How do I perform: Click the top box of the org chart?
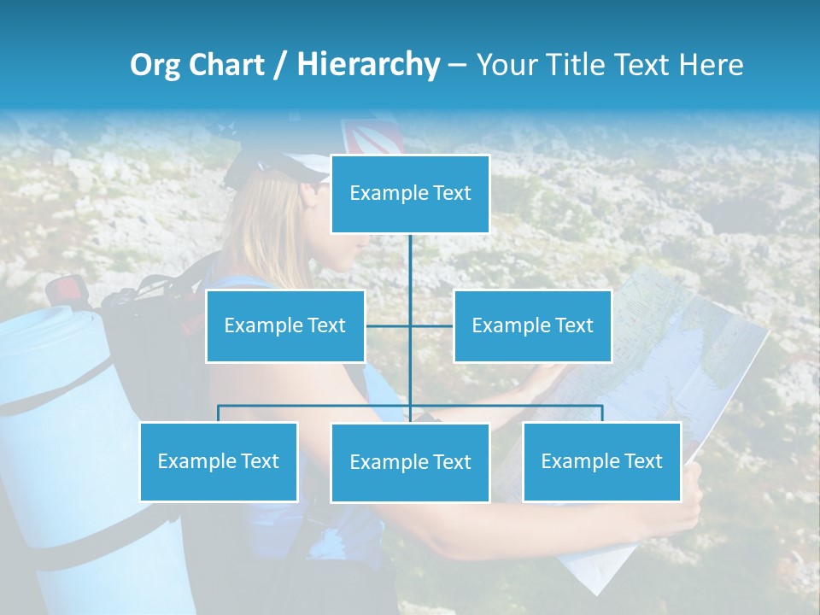pyautogui.click(x=410, y=194)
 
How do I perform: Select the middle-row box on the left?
pyautogui.click(x=285, y=325)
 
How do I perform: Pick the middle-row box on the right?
pyautogui.click(x=532, y=325)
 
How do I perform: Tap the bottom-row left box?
pyautogui.click(x=219, y=461)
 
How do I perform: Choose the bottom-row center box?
pyautogui.click(x=410, y=462)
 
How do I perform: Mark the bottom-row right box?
pyautogui.click(x=601, y=461)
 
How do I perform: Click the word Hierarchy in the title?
pyautogui.click(x=368, y=64)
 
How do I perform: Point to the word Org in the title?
pyautogui.click(x=155, y=65)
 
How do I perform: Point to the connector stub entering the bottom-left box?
pyautogui.click(x=219, y=413)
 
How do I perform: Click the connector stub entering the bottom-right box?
pyautogui.click(x=601, y=413)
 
